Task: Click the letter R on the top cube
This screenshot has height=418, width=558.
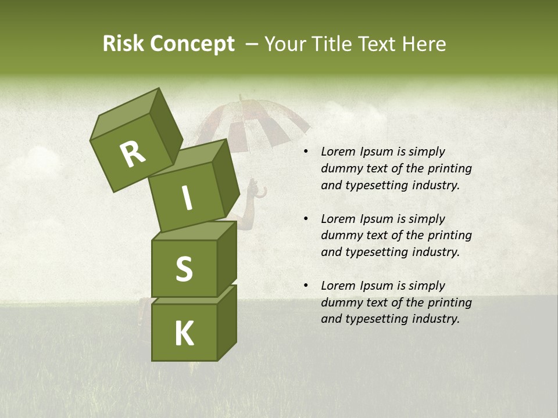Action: pyautogui.click(x=133, y=154)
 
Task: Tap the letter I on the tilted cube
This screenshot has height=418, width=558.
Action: pyautogui.click(x=187, y=199)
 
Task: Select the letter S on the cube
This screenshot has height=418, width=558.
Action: pyautogui.click(x=184, y=269)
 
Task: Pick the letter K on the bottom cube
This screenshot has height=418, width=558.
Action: pyautogui.click(x=184, y=334)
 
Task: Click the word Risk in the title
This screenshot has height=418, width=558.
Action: pyautogui.click(x=123, y=44)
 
